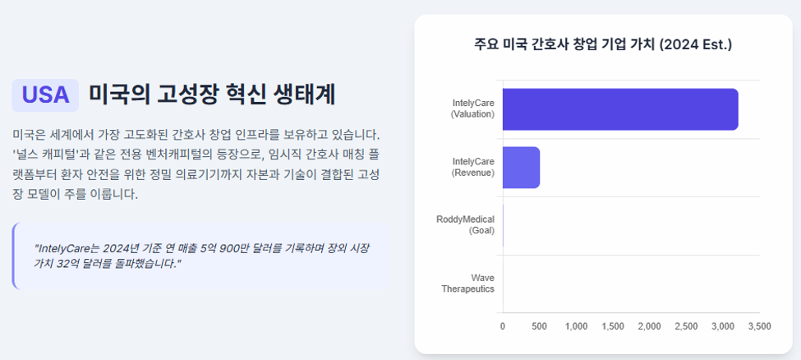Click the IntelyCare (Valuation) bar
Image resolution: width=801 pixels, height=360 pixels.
pos(620,109)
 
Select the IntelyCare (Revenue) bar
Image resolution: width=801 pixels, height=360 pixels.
pos(521,167)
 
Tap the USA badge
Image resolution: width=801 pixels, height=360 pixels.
pos(45,95)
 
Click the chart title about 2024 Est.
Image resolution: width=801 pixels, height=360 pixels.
pos(603,44)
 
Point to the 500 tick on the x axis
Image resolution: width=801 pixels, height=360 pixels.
pos(540,326)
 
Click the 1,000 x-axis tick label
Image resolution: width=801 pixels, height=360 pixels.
pos(576,326)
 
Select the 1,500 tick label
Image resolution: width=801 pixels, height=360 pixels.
pos(613,326)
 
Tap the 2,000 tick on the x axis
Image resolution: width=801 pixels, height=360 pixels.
pos(650,326)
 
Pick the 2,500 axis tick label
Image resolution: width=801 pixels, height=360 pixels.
pos(687,326)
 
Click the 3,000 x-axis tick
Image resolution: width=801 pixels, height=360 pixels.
pos(723,326)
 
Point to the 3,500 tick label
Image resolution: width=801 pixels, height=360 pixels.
pos(760,326)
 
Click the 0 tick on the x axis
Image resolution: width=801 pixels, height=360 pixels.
pos(503,326)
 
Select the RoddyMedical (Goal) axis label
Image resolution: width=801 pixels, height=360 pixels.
pos(465,225)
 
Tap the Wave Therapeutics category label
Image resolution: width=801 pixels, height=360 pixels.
pos(468,284)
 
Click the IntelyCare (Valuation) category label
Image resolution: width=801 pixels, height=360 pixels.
pos(472,109)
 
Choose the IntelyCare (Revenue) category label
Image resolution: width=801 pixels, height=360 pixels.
pos(473,167)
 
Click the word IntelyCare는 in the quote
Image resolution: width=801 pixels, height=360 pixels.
pos(66,249)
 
